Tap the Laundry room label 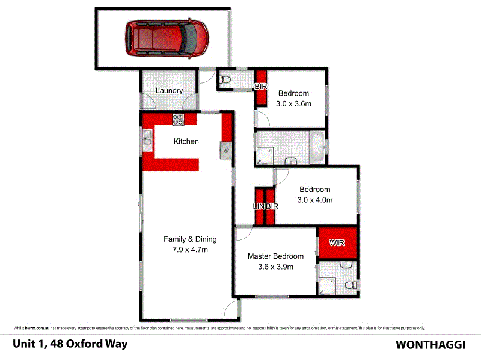(169, 91)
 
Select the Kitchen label (186, 142)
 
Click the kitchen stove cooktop (178, 119)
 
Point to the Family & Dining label (190, 239)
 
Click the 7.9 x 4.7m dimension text (190, 250)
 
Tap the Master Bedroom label (275, 256)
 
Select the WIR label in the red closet (337, 244)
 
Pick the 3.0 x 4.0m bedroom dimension (315, 200)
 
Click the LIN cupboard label (259, 206)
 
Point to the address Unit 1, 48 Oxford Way (70, 345)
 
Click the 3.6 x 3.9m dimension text (275, 267)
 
